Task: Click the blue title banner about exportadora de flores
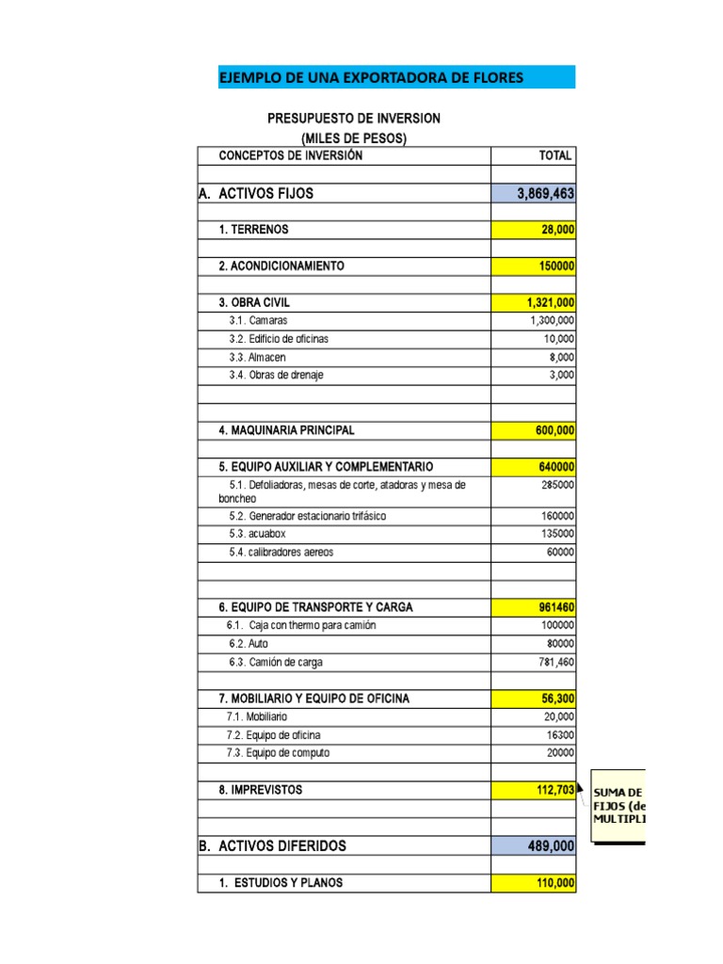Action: pyautogui.click(x=395, y=77)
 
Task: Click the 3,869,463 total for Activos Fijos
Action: pyautogui.click(x=533, y=194)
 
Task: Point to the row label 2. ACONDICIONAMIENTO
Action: pyautogui.click(x=281, y=266)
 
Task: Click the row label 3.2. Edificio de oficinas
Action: pyautogui.click(x=279, y=339)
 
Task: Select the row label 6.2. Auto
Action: pyautogui.click(x=248, y=644)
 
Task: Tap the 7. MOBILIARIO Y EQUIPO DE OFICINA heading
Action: pyautogui.click(x=313, y=699)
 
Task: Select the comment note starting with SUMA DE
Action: pyautogui.click(x=619, y=806)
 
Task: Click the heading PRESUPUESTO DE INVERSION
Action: pyautogui.click(x=354, y=119)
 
